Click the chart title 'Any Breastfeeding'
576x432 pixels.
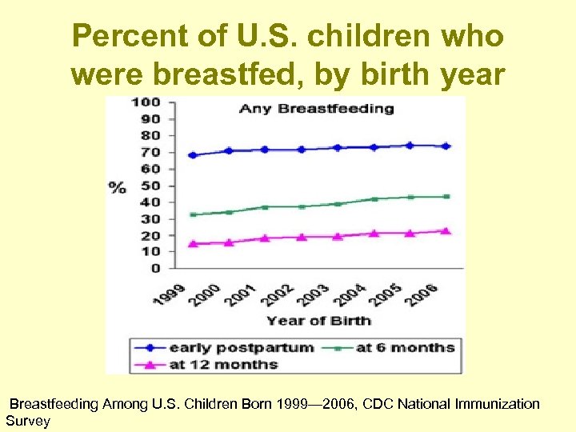[x=317, y=108]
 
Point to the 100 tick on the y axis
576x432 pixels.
[x=148, y=102]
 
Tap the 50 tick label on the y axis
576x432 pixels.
[x=151, y=186]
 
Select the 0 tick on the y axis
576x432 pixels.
[x=155, y=269]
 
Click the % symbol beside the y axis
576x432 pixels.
[x=118, y=187]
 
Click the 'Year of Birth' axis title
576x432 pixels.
[x=318, y=321]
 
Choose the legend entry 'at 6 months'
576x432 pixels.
[x=404, y=347]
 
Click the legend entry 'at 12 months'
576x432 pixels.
[x=223, y=364]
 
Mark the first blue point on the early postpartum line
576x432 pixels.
[x=192, y=155]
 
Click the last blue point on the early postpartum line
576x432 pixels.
[x=446, y=146]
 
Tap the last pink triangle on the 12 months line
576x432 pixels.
[x=446, y=230]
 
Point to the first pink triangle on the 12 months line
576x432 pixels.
[x=192, y=243]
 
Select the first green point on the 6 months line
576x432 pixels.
[x=192, y=214]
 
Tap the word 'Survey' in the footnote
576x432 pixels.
[x=28, y=421]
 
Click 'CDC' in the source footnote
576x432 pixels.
[x=377, y=404]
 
